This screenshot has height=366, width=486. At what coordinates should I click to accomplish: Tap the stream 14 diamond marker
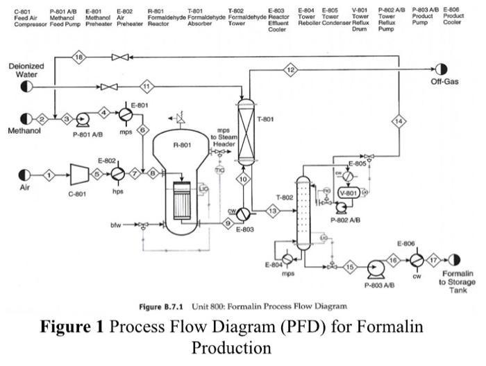[398, 121]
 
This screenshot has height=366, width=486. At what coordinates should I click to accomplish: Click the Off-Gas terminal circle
[440, 69]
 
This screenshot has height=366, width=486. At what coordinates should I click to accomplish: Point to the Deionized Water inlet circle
[26, 87]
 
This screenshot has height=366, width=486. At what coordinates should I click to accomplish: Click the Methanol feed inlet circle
[26, 119]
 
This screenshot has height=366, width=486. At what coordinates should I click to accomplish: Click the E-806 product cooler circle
[415, 259]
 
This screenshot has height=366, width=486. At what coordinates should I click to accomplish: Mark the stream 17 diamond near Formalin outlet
[435, 259]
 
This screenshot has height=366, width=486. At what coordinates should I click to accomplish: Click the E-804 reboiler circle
[287, 259]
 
